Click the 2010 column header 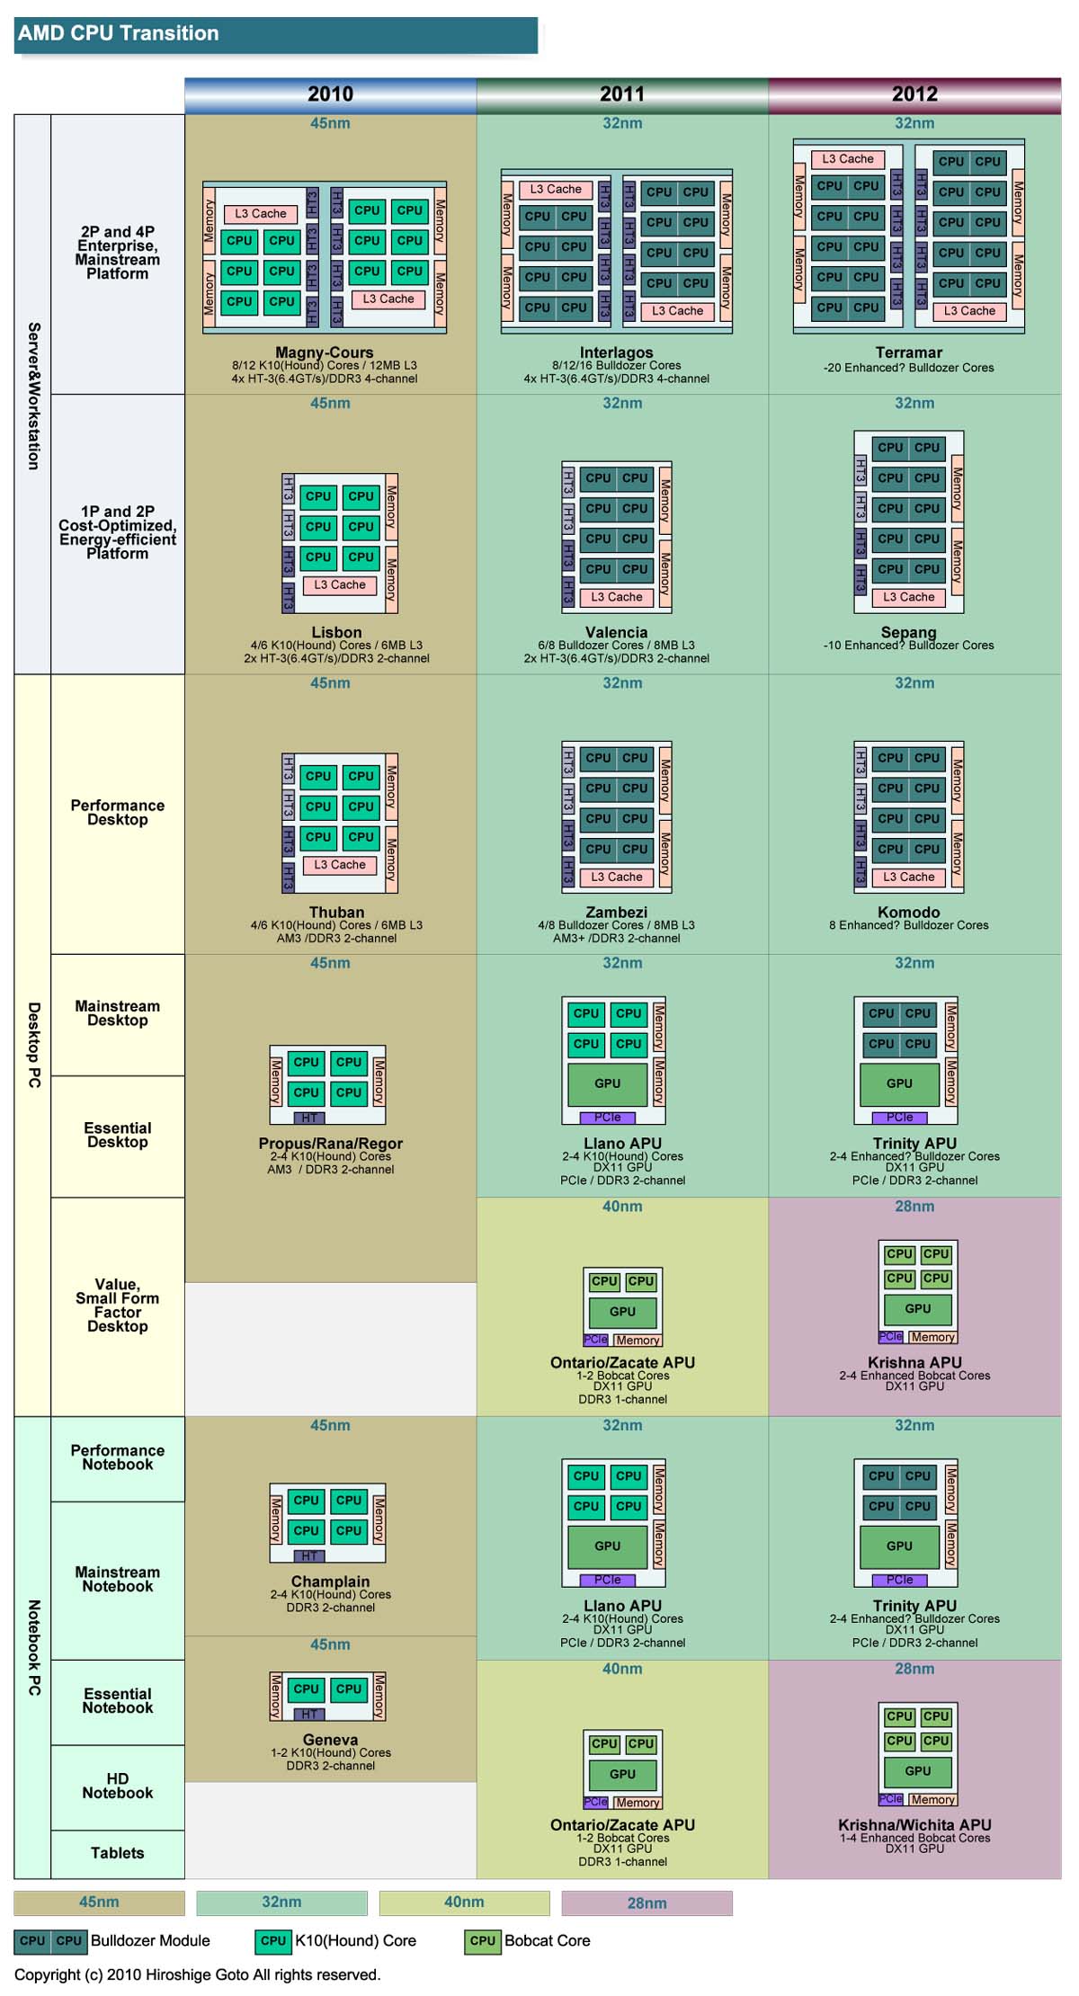(x=330, y=94)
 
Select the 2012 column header (x=914, y=94)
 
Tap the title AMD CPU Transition (x=119, y=33)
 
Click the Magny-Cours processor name (x=324, y=352)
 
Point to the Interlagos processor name (x=616, y=352)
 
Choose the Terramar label (x=908, y=352)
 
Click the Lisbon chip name (x=336, y=632)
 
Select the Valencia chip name (x=616, y=632)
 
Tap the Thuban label (x=336, y=912)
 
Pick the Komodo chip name (x=908, y=912)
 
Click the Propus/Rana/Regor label (x=330, y=1144)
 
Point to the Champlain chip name (x=330, y=1582)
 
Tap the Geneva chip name (x=330, y=1740)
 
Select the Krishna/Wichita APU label (x=914, y=1824)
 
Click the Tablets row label (x=117, y=1853)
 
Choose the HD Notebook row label (x=117, y=1786)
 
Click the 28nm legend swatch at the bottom (x=647, y=1902)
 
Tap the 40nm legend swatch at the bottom (x=464, y=1902)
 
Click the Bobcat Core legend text (x=547, y=1940)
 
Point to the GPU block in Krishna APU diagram (x=917, y=1309)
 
